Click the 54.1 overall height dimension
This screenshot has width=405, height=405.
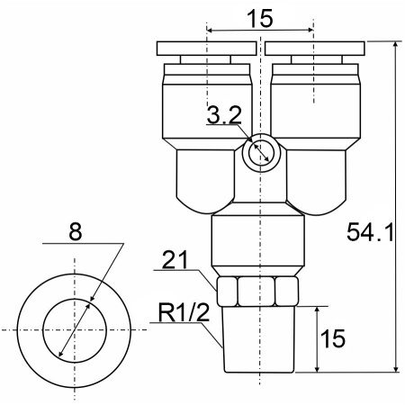(370, 232)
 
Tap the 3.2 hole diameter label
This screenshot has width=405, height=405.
(224, 115)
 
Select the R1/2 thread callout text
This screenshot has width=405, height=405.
(184, 313)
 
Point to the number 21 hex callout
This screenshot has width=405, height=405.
(175, 260)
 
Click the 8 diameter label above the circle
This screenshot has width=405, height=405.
(75, 232)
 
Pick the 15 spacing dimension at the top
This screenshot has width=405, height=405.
(260, 18)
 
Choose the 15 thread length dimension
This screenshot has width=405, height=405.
(333, 338)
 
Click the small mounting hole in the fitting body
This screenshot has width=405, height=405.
(261, 153)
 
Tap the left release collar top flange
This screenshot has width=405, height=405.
(206, 49)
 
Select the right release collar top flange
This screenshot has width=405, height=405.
(315, 49)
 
